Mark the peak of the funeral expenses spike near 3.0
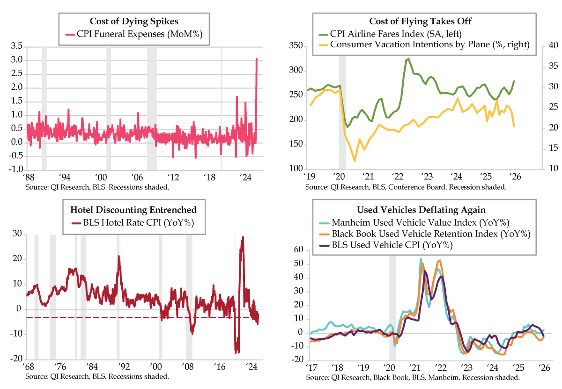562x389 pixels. click(257, 59)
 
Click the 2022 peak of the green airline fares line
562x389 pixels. click(408, 59)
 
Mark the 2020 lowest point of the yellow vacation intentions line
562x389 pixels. click(355, 161)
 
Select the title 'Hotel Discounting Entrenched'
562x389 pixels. click(133, 210)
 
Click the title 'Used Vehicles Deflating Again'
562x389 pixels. click(417, 210)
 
